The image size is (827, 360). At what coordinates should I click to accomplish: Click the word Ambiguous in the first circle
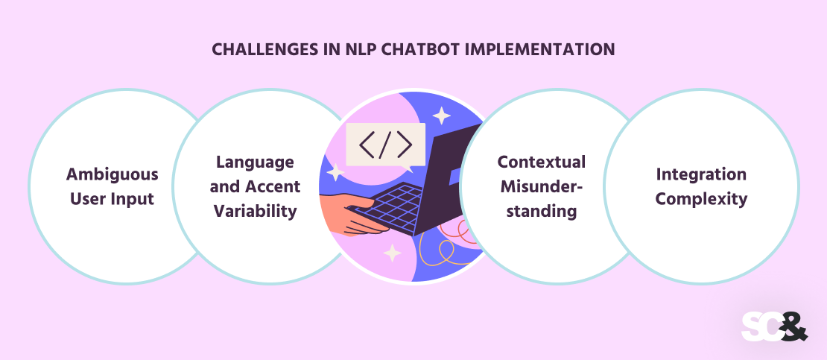pyautogui.click(x=113, y=174)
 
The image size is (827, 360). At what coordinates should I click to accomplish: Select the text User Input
pyautogui.click(x=113, y=199)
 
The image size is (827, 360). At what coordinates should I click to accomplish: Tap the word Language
pyautogui.click(x=256, y=162)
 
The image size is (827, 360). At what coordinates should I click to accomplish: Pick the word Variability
pyautogui.click(x=256, y=211)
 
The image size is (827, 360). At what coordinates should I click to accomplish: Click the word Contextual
pyautogui.click(x=542, y=162)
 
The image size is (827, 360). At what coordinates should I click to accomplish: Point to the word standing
pyautogui.click(x=539, y=211)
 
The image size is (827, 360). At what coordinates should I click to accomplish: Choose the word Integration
pyautogui.click(x=701, y=174)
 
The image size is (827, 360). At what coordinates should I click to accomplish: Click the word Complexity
pyautogui.click(x=701, y=199)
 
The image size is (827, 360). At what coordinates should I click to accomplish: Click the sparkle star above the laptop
pyautogui.click(x=442, y=116)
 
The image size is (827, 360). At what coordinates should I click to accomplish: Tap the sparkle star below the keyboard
pyautogui.click(x=392, y=254)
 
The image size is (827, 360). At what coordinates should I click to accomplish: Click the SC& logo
pyautogui.click(x=774, y=326)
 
